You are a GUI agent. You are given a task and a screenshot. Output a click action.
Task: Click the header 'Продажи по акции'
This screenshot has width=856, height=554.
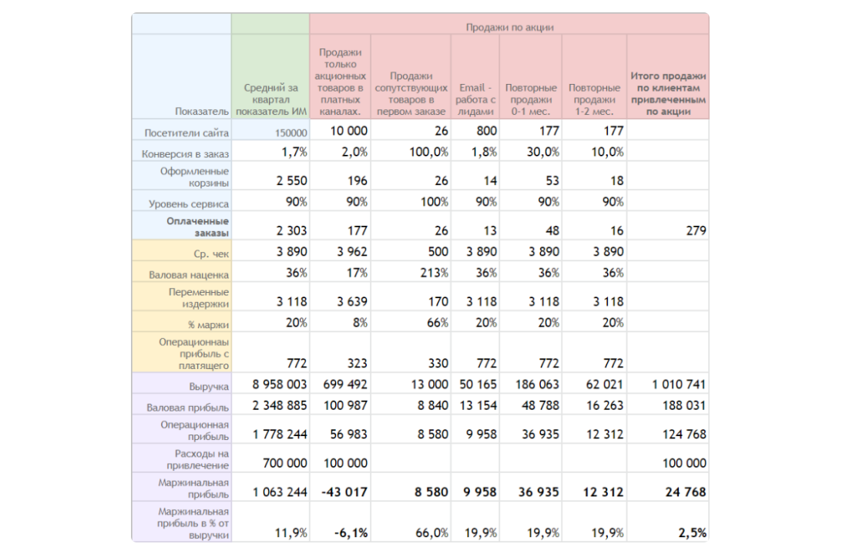(509, 27)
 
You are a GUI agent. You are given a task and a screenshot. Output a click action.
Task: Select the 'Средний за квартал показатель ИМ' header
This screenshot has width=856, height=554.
(271, 99)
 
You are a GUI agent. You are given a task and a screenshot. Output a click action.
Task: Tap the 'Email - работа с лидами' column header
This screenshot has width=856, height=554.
(475, 99)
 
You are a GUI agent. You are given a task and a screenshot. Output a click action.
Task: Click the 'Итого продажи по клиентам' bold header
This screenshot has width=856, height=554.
(668, 93)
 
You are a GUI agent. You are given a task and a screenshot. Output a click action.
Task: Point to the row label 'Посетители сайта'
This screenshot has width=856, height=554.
(186, 133)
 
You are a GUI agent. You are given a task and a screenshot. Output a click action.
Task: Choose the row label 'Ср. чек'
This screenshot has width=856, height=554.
(211, 253)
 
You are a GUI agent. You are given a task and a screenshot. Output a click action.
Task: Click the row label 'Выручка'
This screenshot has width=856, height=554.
(209, 387)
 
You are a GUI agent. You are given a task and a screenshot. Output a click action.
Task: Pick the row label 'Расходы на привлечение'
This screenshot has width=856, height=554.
(197, 459)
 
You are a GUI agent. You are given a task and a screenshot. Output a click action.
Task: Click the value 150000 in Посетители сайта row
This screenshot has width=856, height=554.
(291, 133)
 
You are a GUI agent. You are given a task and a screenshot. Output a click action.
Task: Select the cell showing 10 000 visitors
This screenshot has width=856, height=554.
(349, 131)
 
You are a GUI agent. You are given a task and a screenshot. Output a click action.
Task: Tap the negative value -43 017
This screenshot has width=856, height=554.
(344, 492)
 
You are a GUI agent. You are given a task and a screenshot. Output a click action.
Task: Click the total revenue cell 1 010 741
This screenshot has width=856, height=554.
(679, 384)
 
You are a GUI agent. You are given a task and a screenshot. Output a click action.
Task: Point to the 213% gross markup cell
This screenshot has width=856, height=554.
(434, 272)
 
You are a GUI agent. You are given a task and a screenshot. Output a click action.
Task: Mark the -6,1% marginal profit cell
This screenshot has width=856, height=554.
(351, 532)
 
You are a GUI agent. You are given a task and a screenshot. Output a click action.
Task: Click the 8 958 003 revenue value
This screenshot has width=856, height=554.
(280, 384)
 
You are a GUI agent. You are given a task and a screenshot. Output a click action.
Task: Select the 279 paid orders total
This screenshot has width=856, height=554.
(696, 230)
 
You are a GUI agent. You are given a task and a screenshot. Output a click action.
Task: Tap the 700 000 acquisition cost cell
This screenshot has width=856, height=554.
(285, 463)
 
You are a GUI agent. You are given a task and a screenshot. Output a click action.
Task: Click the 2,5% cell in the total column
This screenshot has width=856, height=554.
(692, 532)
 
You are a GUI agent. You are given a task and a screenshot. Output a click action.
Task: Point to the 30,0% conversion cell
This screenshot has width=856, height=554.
(542, 152)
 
